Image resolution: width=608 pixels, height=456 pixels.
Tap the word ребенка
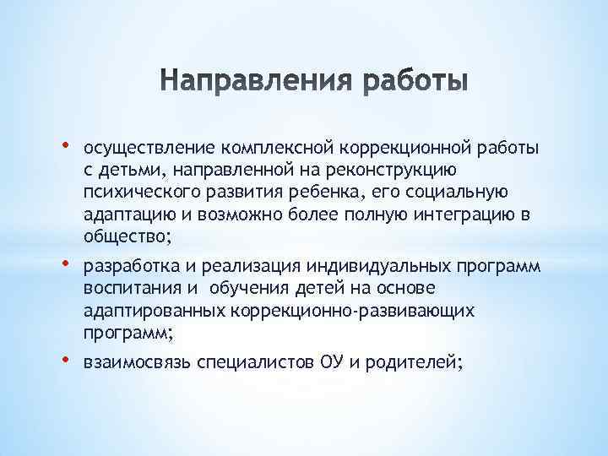316,193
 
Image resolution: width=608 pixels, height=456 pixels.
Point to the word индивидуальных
374,269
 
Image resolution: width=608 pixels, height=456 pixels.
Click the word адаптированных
153,312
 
